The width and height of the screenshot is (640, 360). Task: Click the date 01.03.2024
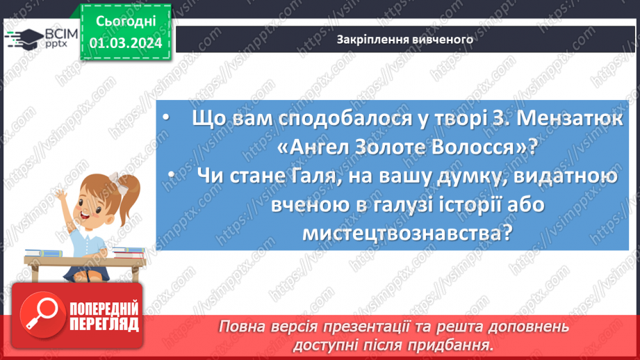click(126, 43)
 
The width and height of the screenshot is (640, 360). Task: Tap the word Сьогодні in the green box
click(126, 22)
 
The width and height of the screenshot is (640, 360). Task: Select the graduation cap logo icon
click(22, 39)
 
